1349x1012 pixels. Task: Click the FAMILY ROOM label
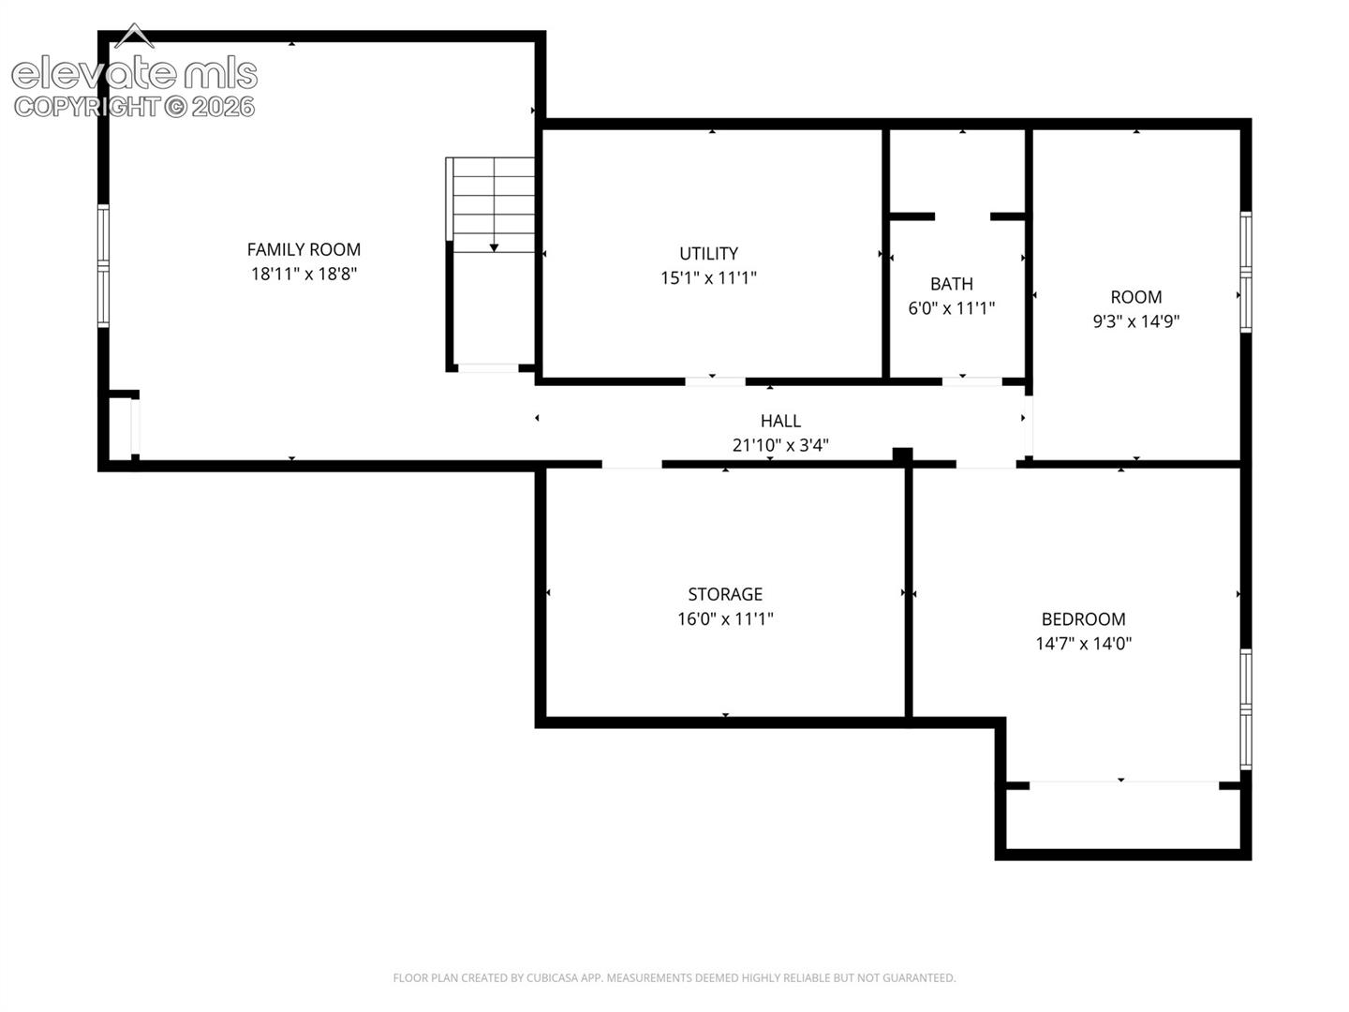[304, 249]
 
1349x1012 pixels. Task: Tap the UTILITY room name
[708, 253]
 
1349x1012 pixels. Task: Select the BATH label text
[952, 284]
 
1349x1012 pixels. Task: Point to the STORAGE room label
[725, 594]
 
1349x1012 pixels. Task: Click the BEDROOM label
[1084, 618]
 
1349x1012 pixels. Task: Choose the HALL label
[780, 421]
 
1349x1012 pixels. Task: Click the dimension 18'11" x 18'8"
[304, 274]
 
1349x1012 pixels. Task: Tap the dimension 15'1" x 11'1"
[708, 277]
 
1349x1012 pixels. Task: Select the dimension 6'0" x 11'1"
[952, 308]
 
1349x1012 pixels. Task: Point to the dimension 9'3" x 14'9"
[1136, 320]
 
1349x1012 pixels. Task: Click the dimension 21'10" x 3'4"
[780, 445]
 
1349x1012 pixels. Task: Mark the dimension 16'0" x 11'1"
[725, 618]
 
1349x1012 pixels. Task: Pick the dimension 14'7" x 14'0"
[1084, 644]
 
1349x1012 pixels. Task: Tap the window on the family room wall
[103, 266]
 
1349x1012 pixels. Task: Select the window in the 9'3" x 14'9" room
[1246, 272]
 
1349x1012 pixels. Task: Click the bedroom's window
[1246, 709]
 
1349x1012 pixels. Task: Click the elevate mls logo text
[135, 74]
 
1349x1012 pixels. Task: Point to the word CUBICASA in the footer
[551, 977]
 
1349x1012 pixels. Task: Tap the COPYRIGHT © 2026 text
[135, 107]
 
